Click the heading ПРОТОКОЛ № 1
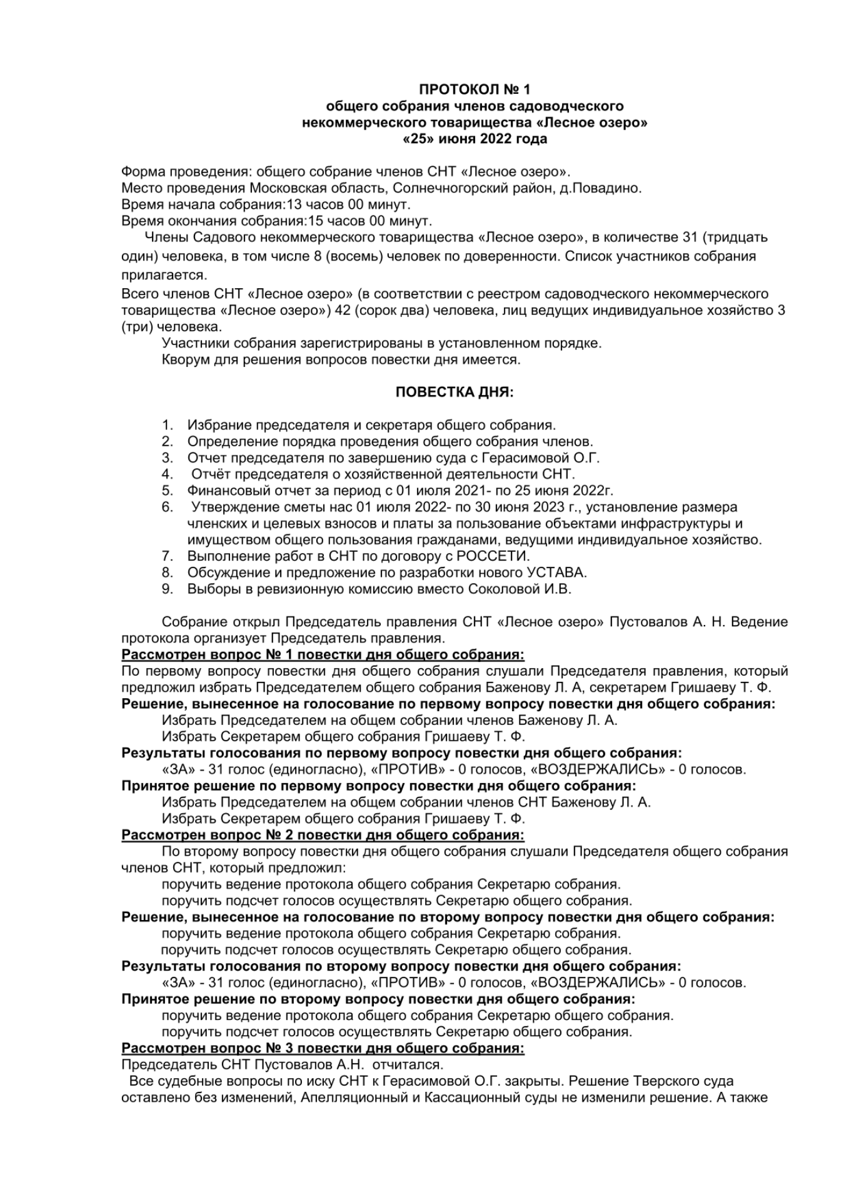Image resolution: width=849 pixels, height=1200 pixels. click(x=474, y=89)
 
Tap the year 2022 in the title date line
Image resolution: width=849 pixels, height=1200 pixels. click(x=496, y=139)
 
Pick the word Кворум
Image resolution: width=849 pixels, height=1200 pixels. click(x=184, y=360)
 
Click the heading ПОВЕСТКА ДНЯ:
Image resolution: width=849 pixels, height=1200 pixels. click(x=455, y=392)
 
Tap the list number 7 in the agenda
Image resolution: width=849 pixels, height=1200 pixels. click(x=167, y=556)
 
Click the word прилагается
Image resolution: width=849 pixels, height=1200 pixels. click(x=163, y=276)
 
